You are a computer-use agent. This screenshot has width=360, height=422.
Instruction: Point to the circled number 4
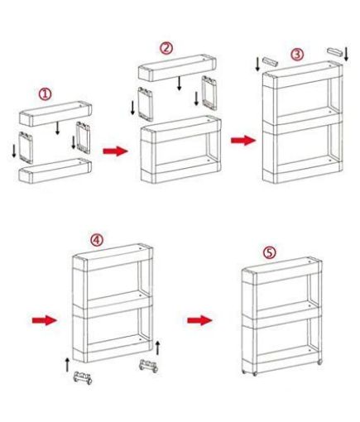pos(97,240)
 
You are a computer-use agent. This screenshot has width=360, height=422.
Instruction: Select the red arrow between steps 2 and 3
pos(242,140)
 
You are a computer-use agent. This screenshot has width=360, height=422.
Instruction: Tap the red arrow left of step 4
pos(43,319)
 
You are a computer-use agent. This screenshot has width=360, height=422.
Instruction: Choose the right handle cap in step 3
pos(335,54)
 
